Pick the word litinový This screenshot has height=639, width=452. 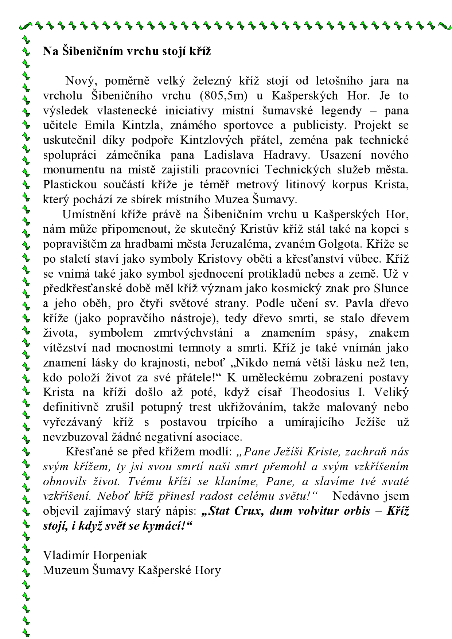[x=304, y=185]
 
